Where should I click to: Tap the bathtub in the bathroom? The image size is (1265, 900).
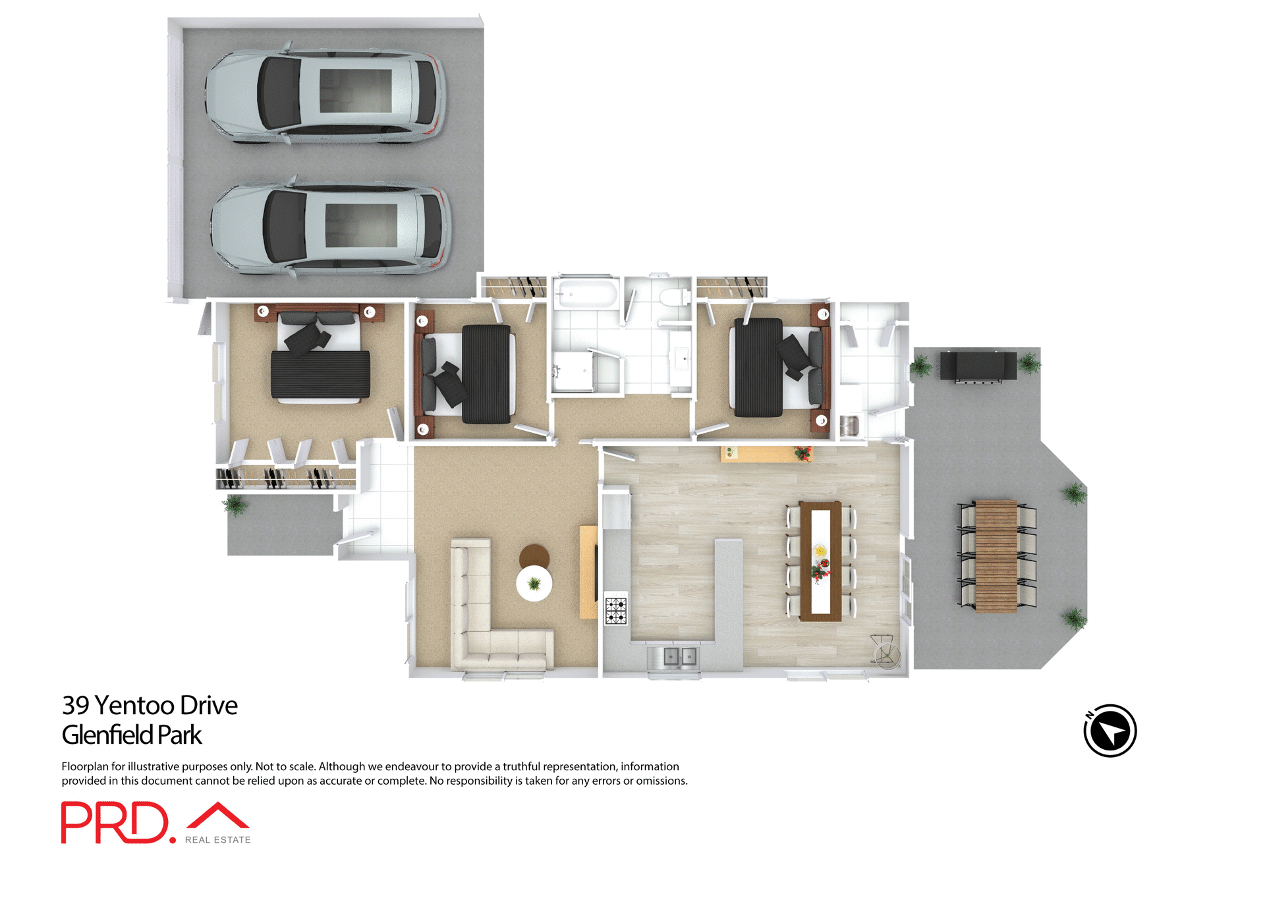(x=585, y=293)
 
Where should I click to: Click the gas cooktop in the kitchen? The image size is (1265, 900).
(x=615, y=611)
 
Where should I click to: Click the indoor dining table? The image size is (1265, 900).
(x=820, y=561)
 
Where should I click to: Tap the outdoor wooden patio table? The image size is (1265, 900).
(x=996, y=556)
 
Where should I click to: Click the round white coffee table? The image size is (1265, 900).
(x=534, y=584)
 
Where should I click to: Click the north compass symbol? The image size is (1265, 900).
(x=1110, y=731)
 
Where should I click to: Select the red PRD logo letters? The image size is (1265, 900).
(x=115, y=822)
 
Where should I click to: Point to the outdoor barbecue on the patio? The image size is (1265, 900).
(x=978, y=366)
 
